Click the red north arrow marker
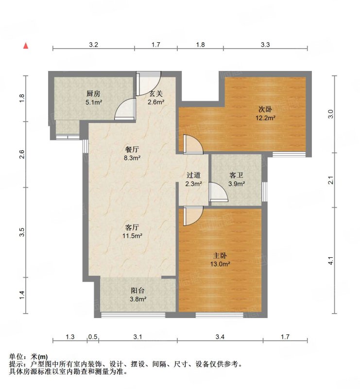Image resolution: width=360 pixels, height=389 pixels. click(x=26, y=46)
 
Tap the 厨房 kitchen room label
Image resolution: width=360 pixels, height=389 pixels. click(x=93, y=94)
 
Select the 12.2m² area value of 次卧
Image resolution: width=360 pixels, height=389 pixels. click(x=265, y=118)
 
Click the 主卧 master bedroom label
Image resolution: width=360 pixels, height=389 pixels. click(x=220, y=256)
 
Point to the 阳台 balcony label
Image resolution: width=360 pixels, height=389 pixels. click(x=137, y=290)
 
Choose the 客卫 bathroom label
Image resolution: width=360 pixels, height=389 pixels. click(x=236, y=175)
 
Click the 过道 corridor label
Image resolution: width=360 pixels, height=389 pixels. click(x=193, y=175)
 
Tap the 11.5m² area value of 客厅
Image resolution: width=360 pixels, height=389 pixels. click(x=132, y=236)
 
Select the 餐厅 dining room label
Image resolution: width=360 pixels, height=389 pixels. click(x=132, y=149)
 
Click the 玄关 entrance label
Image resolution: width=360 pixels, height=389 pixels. click(x=156, y=94)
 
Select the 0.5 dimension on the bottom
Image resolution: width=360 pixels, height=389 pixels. click(x=93, y=336)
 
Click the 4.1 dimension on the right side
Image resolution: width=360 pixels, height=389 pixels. click(x=331, y=261)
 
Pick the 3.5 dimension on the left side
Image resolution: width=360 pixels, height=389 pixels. click(x=22, y=232)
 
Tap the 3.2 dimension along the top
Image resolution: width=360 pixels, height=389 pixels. click(x=93, y=45)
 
